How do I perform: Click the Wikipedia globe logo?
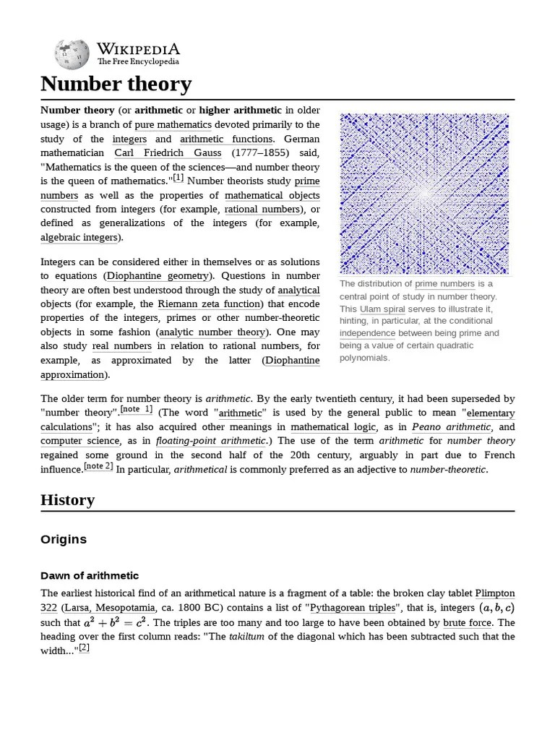72,54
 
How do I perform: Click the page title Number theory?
116,84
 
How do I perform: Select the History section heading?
67,499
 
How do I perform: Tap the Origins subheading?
64,539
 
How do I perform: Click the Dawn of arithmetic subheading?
90,575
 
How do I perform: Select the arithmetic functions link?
226,139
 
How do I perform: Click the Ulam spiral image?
424,193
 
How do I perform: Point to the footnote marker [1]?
178,178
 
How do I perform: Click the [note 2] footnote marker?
98,466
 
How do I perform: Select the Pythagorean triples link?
353,608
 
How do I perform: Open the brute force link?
468,622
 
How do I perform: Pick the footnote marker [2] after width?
84,647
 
